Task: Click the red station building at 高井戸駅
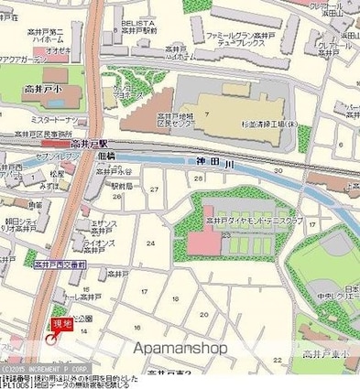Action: [x=59, y=143]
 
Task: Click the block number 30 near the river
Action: [x=277, y=170]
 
